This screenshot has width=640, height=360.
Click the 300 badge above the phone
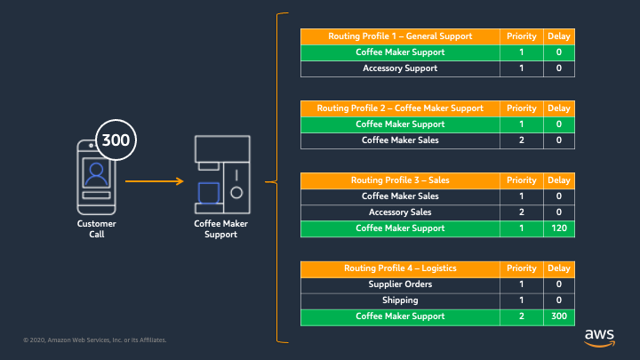[x=116, y=140]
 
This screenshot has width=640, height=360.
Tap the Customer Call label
[x=97, y=229]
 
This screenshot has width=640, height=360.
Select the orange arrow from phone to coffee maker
[x=155, y=180]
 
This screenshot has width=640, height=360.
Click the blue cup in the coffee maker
[x=209, y=193]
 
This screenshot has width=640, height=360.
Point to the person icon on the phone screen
[x=96, y=174]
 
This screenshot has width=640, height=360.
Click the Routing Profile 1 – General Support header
[x=400, y=36]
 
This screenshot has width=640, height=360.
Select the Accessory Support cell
[x=400, y=68]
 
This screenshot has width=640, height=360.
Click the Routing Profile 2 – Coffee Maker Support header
[x=400, y=108]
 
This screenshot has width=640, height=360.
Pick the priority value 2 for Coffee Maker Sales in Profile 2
[x=521, y=140]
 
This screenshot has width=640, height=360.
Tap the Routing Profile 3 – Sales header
[x=400, y=180]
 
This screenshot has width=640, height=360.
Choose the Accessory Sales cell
[x=400, y=212]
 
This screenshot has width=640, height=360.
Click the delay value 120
[x=559, y=228]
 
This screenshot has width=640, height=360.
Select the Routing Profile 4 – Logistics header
[x=400, y=268]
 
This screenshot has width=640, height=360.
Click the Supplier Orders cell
[x=400, y=284]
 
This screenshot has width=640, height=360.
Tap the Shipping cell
[x=400, y=300]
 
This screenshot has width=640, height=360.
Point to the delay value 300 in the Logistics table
[x=559, y=316]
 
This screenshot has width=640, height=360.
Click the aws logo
[x=599, y=338]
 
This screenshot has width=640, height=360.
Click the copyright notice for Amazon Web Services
[x=95, y=340]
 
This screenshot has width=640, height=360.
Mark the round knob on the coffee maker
[x=236, y=193]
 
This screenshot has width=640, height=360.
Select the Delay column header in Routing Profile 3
[x=559, y=180]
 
